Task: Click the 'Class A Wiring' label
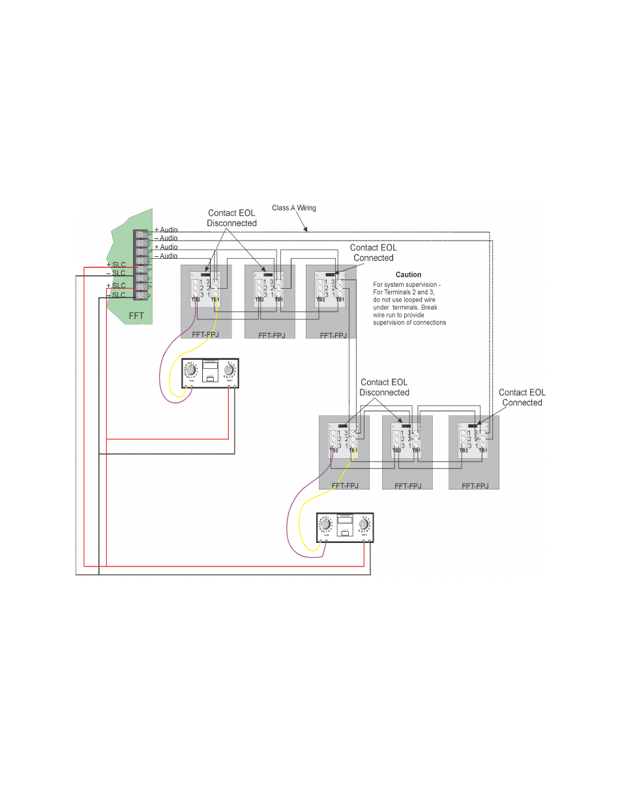click(x=293, y=208)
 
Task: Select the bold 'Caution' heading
click(x=408, y=275)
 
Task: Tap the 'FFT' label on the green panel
click(x=136, y=316)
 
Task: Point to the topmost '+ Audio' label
click(x=166, y=230)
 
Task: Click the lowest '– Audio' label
click(x=166, y=256)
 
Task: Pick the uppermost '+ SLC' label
click(x=116, y=265)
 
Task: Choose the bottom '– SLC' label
click(x=116, y=295)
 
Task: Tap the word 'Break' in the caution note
click(x=429, y=308)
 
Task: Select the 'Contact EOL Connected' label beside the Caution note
click(x=373, y=253)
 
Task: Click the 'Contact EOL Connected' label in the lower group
click(x=522, y=398)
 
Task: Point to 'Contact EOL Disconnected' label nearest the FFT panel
click(x=231, y=218)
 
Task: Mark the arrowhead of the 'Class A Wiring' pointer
click(x=306, y=230)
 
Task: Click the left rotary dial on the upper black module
click(x=191, y=370)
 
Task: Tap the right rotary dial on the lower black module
click(x=364, y=524)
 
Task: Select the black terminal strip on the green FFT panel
click(x=141, y=265)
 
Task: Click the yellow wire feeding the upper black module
click(x=171, y=378)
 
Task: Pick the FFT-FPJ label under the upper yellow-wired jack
click(x=205, y=335)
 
